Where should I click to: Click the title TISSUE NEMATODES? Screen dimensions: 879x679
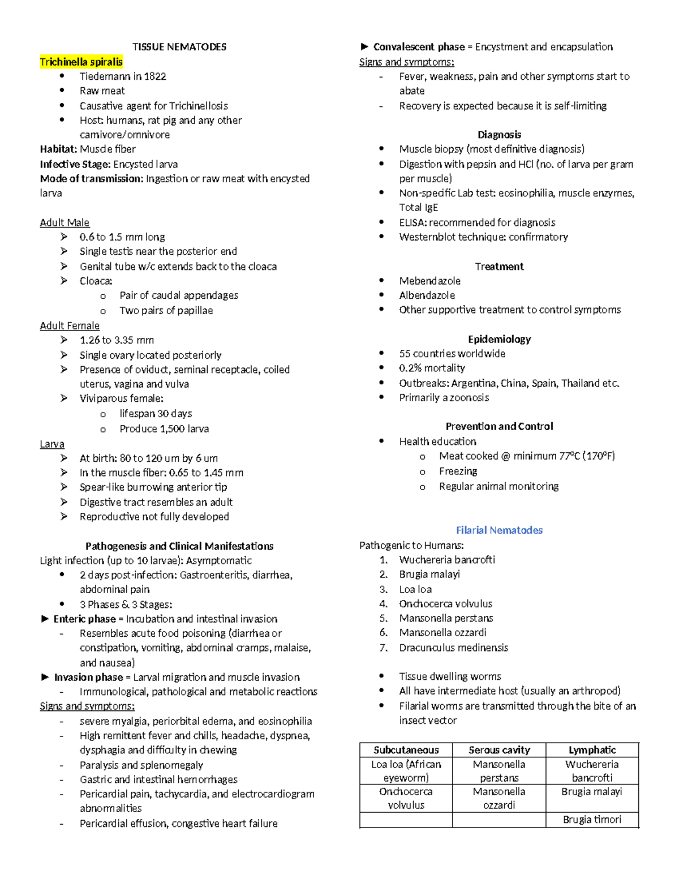point(179,47)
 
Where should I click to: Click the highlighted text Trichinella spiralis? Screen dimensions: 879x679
point(81,62)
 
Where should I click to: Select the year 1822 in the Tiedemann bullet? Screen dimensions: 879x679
point(155,76)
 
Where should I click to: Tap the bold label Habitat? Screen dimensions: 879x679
point(58,149)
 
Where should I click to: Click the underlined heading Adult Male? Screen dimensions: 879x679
point(65,222)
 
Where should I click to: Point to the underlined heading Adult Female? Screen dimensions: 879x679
point(70,325)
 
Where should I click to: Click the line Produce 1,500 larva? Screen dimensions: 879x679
point(164,429)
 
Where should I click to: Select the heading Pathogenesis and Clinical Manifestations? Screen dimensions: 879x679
point(179,546)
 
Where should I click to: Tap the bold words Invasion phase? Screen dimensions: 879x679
point(88,678)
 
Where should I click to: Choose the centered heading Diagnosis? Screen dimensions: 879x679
point(499,135)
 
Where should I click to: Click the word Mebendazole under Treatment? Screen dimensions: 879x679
point(429,281)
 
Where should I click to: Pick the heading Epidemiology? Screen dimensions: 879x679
point(499,339)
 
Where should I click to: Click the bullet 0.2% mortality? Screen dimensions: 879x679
point(432,368)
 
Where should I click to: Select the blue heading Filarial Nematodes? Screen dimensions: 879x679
point(499,530)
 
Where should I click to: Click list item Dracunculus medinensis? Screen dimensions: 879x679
point(453,648)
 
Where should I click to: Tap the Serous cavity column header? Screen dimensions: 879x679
point(499,750)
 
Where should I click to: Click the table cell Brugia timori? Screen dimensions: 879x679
point(592,820)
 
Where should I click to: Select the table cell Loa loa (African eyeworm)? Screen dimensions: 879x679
point(406,771)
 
